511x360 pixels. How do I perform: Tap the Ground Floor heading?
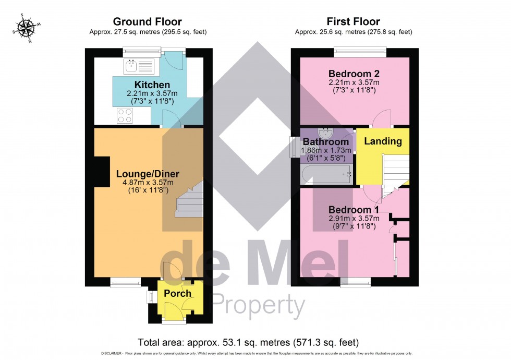pyautogui.click(x=148, y=22)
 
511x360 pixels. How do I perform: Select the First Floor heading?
pyautogui.click(x=353, y=22)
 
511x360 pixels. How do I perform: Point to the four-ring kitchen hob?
pyautogui.click(x=125, y=115)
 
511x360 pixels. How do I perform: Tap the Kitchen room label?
pyautogui.click(x=152, y=85)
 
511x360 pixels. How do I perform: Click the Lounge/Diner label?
pyautogui.click(x=148, y=174)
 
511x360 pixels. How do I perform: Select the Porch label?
pyautogui.click(x=178, y=293)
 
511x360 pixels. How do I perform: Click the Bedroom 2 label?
pyautogui.click(x=354, y=73)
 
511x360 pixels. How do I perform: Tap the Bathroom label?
pyautogui.click(x=326, y=142)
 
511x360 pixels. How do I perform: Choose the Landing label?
pyautogui.click(x=383, y=141)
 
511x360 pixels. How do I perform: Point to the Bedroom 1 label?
pyautogui.click(x=354, y=210)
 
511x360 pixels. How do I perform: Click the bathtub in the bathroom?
pyautogui.click(x=326, y=174)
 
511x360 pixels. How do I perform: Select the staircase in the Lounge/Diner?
pyautogui.click(x=189, y=201)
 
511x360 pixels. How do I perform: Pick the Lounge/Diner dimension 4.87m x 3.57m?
pyautogui.click(x=148, y=183)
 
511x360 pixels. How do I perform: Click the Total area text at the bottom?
pyautogui.click(x=248, y=343)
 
